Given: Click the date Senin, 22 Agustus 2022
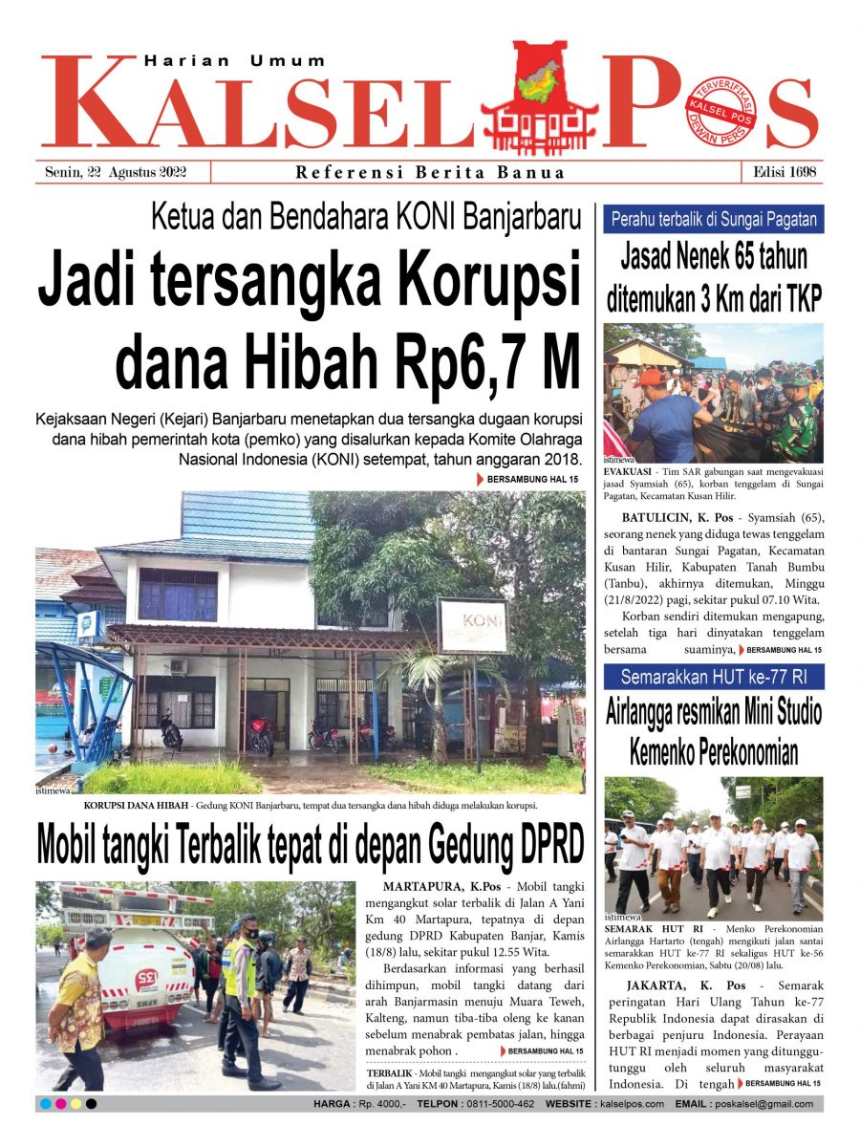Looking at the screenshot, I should click(x=116, y=173).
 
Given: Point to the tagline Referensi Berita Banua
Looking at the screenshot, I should click(x=430, y=173).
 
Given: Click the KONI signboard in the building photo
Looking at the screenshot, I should click(x=472, y=625).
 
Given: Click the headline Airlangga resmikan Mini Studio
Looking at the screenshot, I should click(x=714, y=713).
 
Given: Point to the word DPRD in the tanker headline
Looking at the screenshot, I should click(x=536, y=845).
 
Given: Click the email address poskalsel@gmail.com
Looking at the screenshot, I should click(x=763, y=1104).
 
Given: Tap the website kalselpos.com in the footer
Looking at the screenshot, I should click(x=632, y=1104).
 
